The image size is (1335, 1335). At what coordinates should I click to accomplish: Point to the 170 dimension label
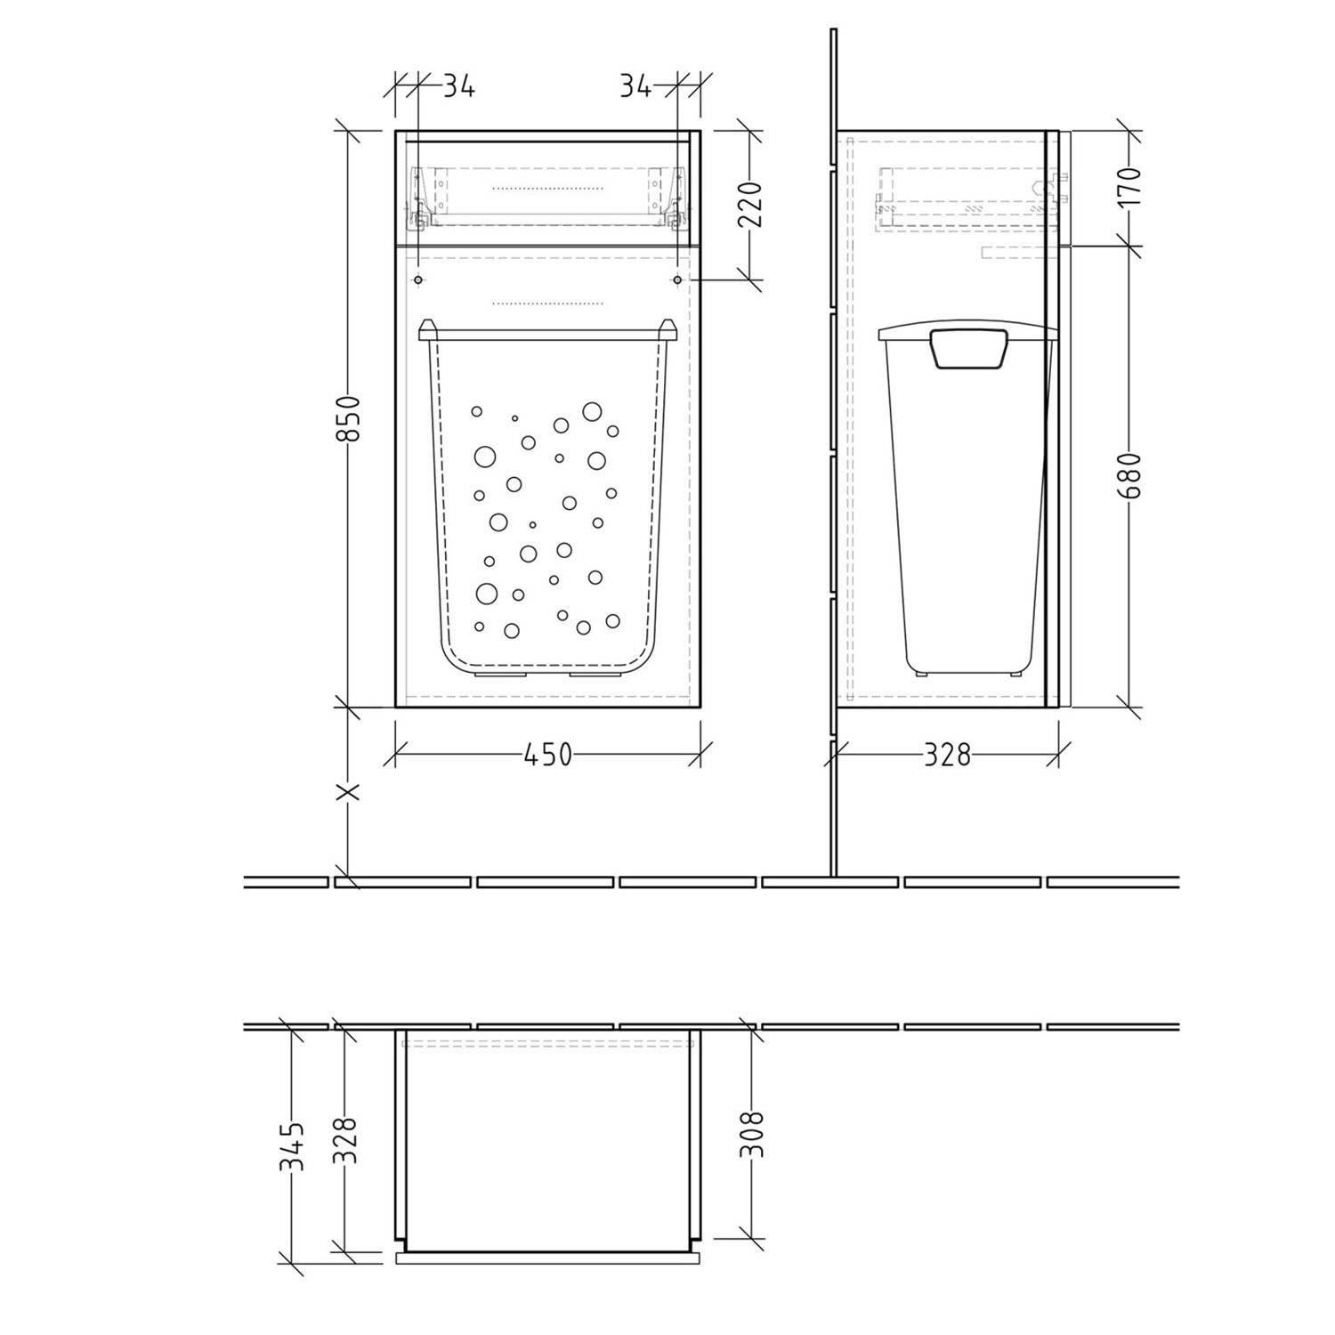(x=1129, y=186)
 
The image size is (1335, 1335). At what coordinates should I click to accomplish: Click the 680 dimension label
(x=1129, y=476)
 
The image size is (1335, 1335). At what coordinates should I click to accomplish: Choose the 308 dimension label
(x=753, y=1134)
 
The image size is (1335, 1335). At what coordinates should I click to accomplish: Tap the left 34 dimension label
(x=458, y=86)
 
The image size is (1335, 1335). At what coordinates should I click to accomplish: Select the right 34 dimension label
(x=635, y=86)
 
